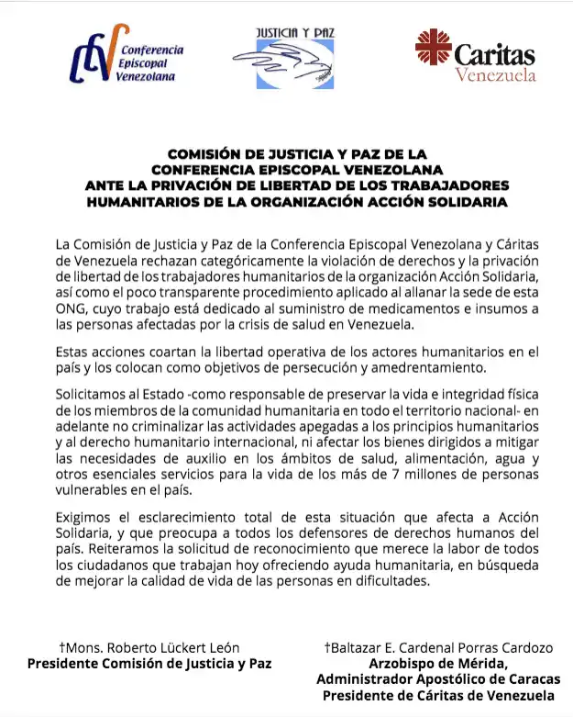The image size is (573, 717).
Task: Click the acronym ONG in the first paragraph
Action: click(71, 308)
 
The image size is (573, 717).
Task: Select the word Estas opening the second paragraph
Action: click(74, 352)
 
